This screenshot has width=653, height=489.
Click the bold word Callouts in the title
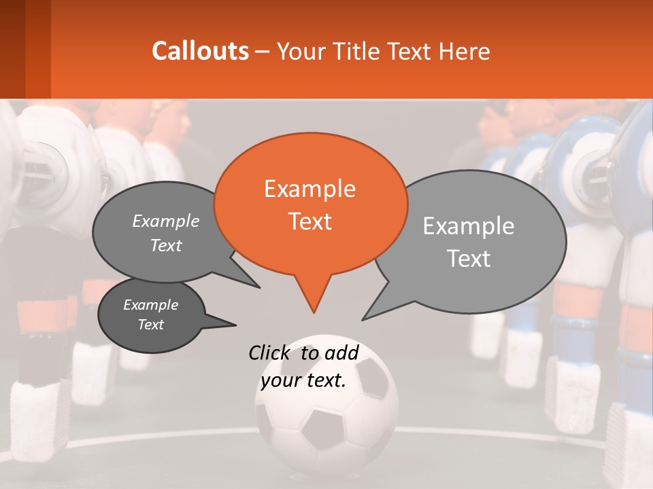(200, 51)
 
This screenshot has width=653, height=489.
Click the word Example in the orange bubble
(309, 188)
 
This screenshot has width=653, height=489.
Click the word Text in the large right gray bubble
(469, 259)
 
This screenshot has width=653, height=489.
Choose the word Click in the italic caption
(271, 352)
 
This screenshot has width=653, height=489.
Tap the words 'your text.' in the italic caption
(303, 381)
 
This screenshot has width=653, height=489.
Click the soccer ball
(326, 407)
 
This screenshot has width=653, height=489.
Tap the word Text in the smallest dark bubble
(151, 325)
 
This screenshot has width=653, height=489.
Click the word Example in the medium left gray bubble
(166, 221)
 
